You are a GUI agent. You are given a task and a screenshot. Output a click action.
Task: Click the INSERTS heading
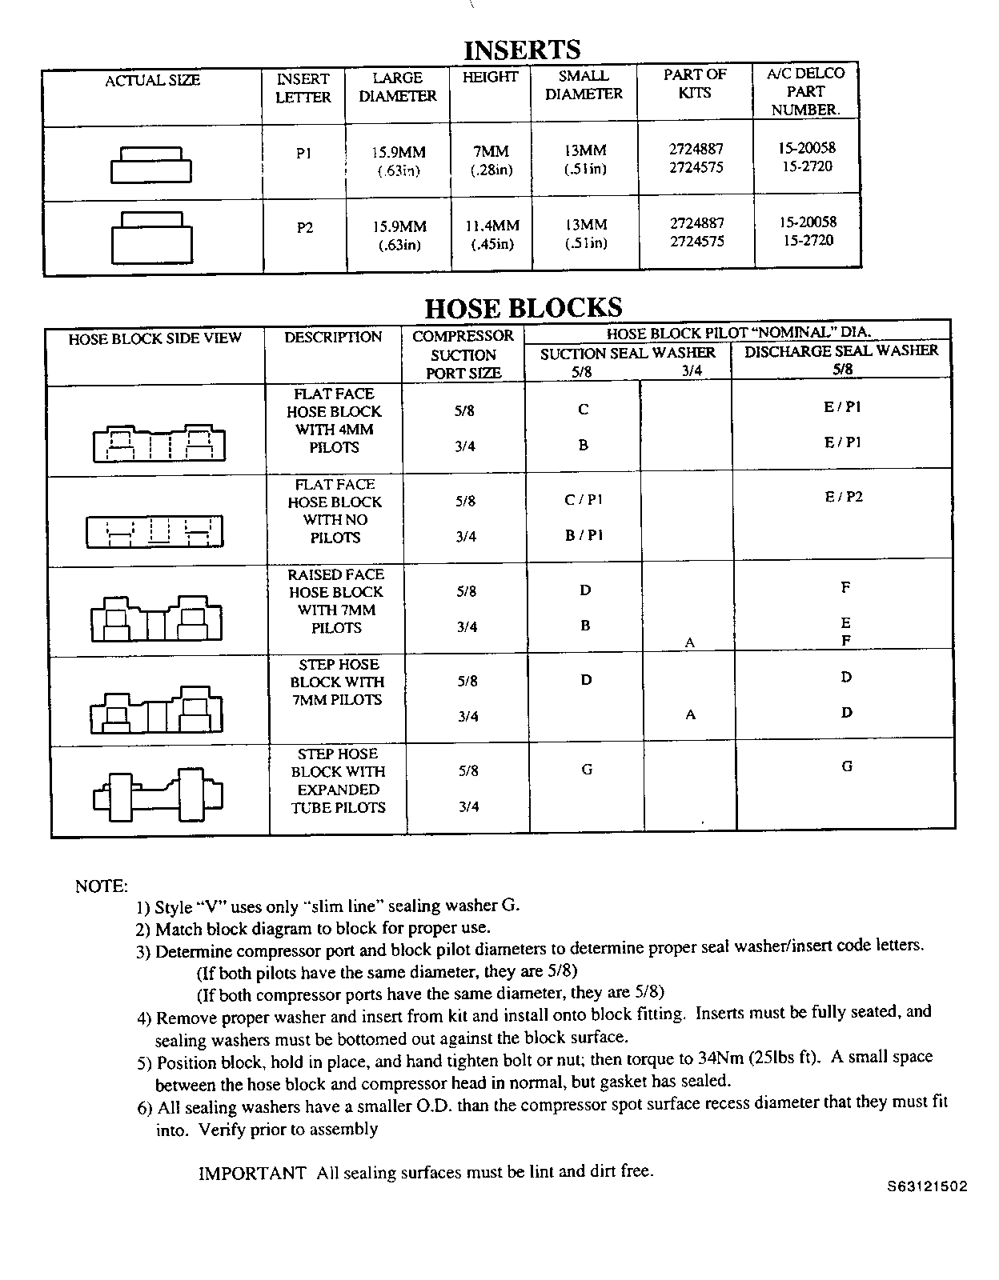pos(522,50)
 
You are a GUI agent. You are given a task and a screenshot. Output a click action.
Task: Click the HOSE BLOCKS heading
pos(523,308)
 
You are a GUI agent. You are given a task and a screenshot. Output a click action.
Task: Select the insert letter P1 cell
pos(303,154)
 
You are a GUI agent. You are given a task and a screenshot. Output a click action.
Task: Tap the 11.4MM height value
pos(491,226)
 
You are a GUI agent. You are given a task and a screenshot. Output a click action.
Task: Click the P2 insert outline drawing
pos(151,237)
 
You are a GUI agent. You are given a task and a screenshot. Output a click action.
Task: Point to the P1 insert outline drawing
pos(151,165)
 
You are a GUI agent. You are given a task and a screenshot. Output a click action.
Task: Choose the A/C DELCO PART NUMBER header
pos(805,91)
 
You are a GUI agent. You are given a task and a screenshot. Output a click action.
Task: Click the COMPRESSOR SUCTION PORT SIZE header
pos(463,354)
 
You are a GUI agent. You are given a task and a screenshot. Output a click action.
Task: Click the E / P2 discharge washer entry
pos(844,497)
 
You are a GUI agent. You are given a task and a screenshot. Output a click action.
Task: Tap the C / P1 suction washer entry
pos(583,500)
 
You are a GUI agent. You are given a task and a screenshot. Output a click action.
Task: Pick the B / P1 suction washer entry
pos(584,535)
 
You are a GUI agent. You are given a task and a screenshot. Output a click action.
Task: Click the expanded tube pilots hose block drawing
pos(158,794)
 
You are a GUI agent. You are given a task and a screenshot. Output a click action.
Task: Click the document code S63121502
pos(926,1186)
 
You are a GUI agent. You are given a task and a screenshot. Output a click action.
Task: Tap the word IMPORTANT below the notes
pos(251,1173)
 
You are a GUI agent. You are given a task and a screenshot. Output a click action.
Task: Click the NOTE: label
pos(101,886)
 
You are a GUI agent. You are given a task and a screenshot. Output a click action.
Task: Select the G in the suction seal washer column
pos(587,769)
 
